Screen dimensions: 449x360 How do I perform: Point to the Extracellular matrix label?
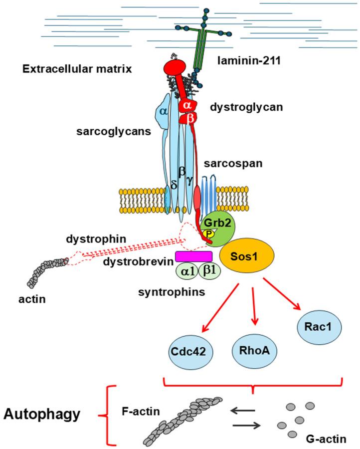(x=77, y=69)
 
